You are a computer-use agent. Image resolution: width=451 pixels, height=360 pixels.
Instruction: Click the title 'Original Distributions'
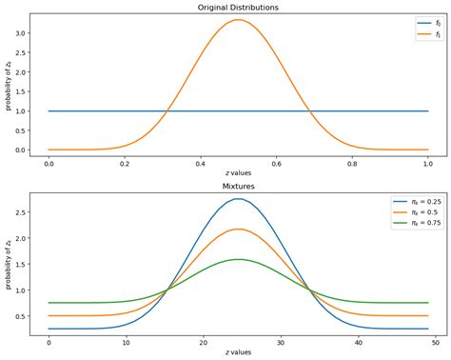click(239, 9)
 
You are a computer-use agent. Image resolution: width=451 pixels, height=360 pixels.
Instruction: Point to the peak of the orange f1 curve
click(239, 20)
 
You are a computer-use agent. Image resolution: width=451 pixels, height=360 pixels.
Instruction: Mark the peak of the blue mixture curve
click(239, 199)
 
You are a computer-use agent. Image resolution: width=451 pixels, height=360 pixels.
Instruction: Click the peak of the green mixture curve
click(239, 259)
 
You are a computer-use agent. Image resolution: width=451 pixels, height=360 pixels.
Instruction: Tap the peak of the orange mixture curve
click(239, 229)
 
